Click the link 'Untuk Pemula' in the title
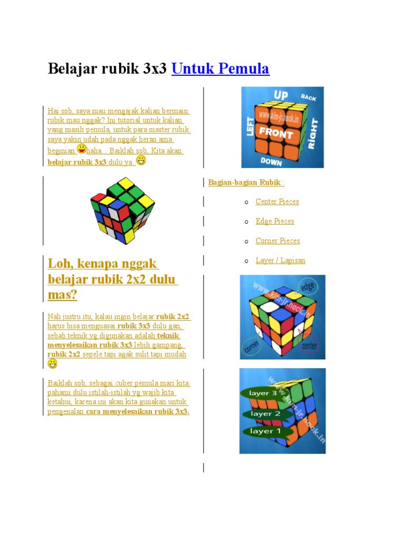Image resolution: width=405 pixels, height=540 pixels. pyautogui.click(x=220, y=69)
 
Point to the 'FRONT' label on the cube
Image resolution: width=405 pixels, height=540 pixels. pyautogui.click(x=276, y=133)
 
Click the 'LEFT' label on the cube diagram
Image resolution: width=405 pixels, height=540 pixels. pyautogui.click(x=251, y=127)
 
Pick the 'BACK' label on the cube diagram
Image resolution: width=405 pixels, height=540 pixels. pyautogui.click(x=308, y=97)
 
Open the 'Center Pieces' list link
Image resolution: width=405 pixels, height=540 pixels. pyautogui.click(x=277, y=201)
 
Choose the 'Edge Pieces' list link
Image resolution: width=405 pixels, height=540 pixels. pyautogui.click(x=275, y=221)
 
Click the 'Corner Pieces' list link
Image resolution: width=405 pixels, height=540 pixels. pyautogui.click(x=277, y=240)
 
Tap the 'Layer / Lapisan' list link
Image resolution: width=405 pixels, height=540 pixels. pyautogui.click(x=280, y=260)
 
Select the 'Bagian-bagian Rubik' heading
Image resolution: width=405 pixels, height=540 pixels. pyautogui.click(x=245, y=182)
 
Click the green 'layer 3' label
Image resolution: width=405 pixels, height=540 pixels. pyautogui.click(x=263, y=393)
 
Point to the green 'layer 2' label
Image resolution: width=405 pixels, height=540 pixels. pyautogui.click(x=265, y=413)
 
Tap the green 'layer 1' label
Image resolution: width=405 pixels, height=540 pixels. pyautogui.click(x=262, y=431)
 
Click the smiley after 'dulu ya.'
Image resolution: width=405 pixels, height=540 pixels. pyautogui.click(x=141, y=160)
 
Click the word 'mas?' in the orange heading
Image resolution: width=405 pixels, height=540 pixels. pyautogui.click(x=62, y=295)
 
